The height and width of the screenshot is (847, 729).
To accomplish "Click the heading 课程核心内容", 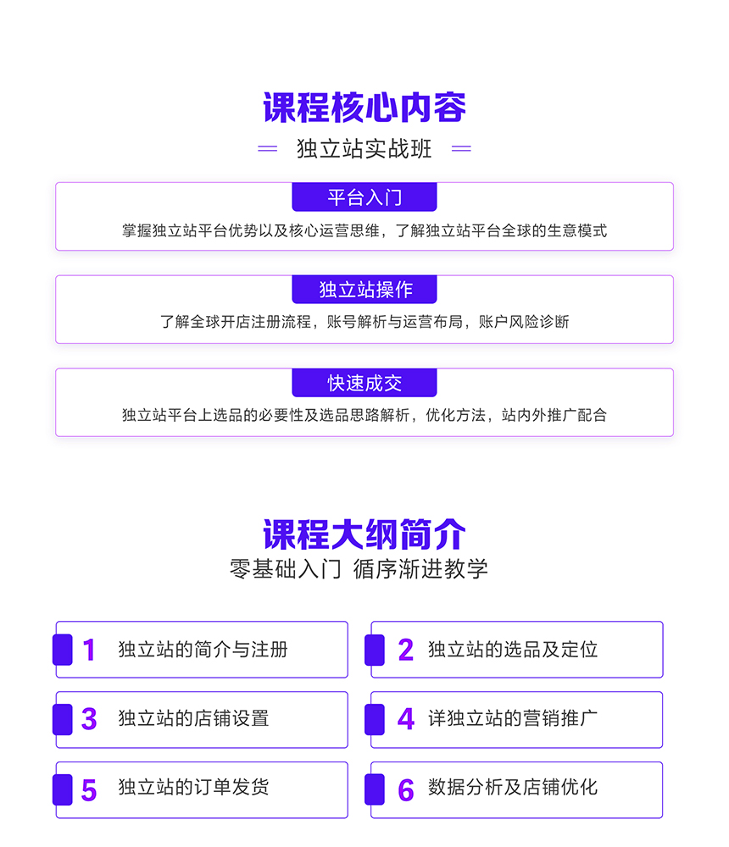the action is (x=364, y=108).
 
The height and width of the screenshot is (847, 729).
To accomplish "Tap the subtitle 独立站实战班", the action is (x=364, y=148).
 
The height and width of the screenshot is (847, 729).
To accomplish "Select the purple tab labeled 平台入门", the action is (x=364, y=197).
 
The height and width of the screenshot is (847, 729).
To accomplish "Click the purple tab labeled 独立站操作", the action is (x=364, y=290).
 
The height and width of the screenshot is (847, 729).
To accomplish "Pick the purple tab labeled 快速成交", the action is (x=364, y=383).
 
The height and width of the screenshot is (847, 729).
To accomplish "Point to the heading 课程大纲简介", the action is (x=364, y=534).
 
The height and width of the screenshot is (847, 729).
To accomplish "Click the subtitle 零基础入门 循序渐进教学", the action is (x=359, y=569).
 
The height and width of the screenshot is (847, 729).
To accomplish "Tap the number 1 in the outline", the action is (x=89, y=650).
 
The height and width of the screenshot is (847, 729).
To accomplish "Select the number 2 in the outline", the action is (x=405, y=650).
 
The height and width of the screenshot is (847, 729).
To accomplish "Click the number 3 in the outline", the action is (x=89, y=719).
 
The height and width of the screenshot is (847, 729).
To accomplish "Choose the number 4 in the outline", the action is (x=405, y=719).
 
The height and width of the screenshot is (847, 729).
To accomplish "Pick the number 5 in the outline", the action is (x=89, y=790).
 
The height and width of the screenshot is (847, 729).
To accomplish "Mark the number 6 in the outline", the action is (x=405, y=790).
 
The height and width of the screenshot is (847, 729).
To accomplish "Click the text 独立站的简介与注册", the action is (x=203, y=650).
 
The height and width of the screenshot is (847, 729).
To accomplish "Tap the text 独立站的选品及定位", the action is (x=513, y=650).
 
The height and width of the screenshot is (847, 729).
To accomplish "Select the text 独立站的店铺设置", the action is (x=193, y=718).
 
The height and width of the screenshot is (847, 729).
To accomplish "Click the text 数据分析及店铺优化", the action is (x=513, y=787).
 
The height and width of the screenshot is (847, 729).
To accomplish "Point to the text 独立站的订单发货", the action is (x=193, y=787).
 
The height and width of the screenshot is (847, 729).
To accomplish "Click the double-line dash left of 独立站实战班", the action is (x=267, y=148).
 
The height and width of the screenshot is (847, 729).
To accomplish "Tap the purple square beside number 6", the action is (x=375, y=789).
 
